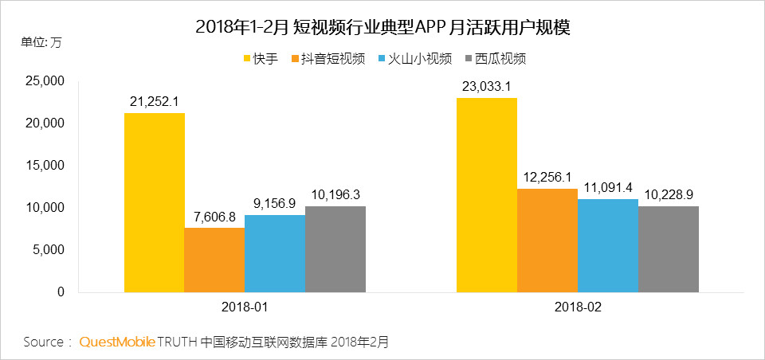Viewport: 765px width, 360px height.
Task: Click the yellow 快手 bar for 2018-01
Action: (154, 202)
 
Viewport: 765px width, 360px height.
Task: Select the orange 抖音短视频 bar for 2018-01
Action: (214, 260)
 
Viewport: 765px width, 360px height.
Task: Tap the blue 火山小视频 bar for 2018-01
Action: (275, 253)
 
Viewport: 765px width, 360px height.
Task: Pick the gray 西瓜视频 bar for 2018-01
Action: (335, 248)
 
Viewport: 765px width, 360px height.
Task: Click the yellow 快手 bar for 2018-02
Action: (486, 194)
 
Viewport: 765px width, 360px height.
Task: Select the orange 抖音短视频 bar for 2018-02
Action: (547, 240)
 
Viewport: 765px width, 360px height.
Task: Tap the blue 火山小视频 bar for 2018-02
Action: (607, 245)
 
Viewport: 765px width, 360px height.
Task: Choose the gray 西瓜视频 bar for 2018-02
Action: (668, 248)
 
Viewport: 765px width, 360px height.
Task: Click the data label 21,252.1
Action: (154, 101)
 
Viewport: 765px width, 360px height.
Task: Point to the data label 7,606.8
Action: (214, 216)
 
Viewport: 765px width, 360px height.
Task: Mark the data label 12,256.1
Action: (547, 177)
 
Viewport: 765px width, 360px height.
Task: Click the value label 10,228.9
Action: (668, 194)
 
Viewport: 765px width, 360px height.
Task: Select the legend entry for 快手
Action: (261, 59)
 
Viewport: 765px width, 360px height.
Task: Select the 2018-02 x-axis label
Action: (577, 307)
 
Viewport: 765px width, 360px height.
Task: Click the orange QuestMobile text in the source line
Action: (116, 342)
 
